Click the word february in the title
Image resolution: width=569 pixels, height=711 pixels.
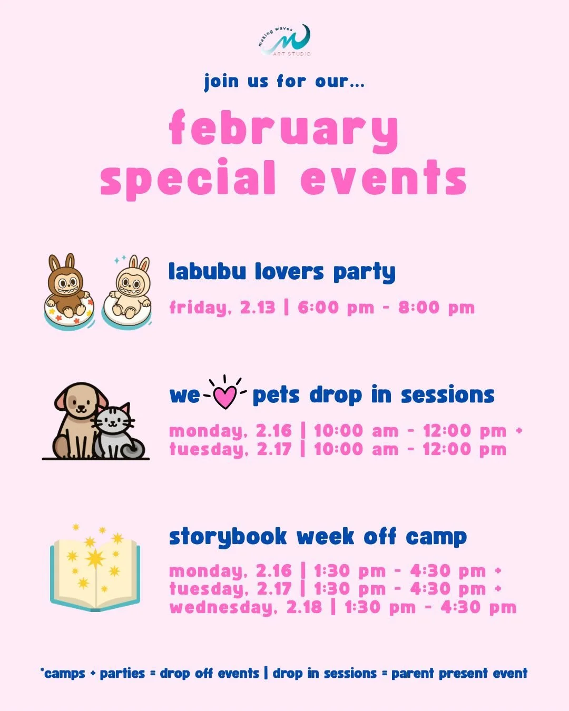(283, 130)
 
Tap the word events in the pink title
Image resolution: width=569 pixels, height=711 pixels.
(384, 178)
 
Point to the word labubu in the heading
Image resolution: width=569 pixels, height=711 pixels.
(207, 272)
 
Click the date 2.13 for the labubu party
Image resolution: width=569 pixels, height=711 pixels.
(258, 308)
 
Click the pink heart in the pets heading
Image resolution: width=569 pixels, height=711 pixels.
(225, 396)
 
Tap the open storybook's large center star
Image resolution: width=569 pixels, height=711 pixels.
(95, 558)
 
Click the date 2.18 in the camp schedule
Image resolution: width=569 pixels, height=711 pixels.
(304, 607)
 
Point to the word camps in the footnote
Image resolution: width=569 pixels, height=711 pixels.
(64, 673)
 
